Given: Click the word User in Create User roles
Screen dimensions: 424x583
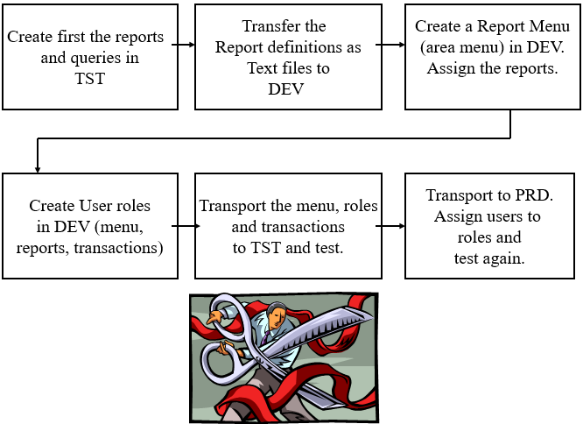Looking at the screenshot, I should tap(95, 207).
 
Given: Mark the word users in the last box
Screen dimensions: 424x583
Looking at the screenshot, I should tap(495, 216).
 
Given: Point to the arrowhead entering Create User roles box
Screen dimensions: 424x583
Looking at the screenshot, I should tap(37, 166).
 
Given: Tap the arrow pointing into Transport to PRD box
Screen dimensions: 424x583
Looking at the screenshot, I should tap(392, 226).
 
